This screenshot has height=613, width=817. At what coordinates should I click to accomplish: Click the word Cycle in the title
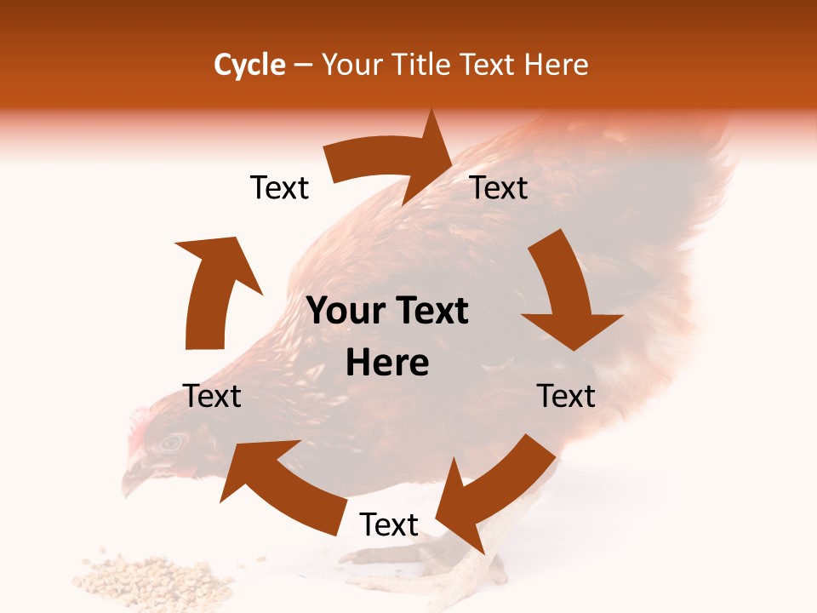click(x=249, y=65)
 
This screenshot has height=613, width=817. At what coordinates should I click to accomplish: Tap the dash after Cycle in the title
click(x=303, y=66)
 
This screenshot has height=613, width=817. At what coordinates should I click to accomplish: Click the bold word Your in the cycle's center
click(x=345, y=312)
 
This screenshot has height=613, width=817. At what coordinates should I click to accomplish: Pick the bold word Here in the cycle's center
click(x=387, y=364)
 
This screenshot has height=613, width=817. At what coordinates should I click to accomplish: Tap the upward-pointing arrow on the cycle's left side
click(x=213, y=289)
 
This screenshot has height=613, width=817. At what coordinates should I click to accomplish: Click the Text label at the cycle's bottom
click(x=389, y=525)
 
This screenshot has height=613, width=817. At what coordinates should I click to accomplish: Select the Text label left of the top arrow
click(x=279, y=188)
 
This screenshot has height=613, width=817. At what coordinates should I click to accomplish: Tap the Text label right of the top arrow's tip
click(x=499, y=188)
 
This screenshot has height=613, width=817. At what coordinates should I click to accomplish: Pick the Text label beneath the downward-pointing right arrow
click(x=566, y=397)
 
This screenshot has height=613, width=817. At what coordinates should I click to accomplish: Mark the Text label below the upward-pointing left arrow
click(x=212, y=397)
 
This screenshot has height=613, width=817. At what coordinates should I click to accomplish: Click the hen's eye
click(x=173, y=442)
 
